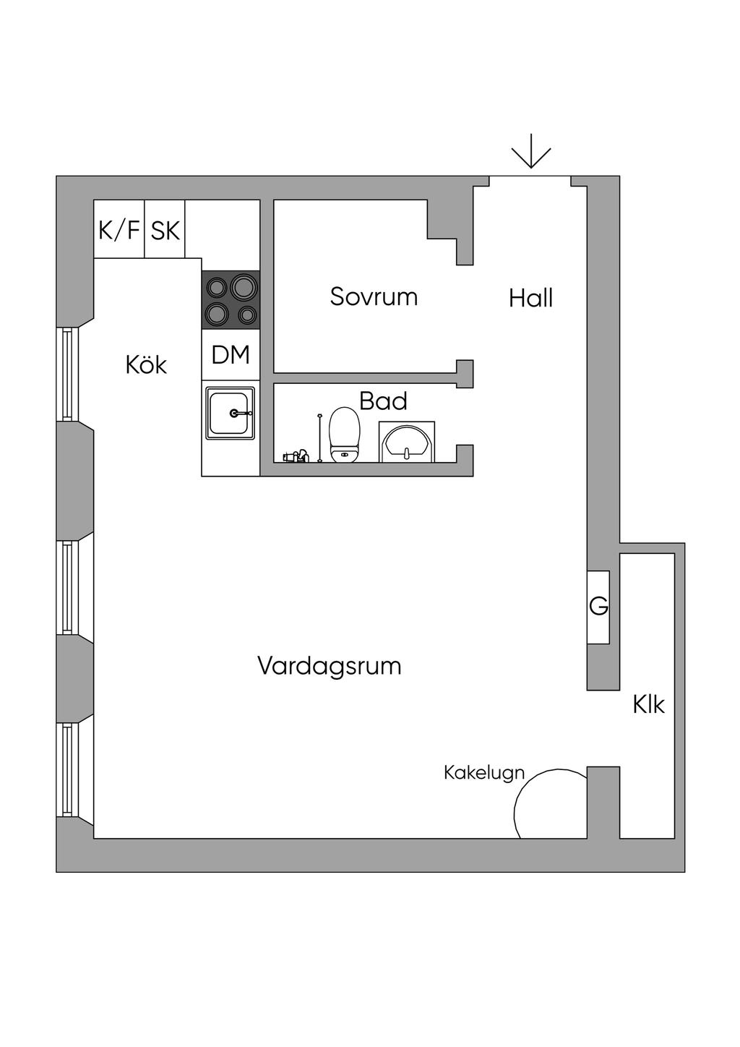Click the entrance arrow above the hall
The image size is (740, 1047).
(x=531, y=151)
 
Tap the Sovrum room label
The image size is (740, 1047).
(x=374, y=296)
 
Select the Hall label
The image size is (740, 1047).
(x=530, y=298)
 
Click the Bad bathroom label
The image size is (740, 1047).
(x=383, y=401)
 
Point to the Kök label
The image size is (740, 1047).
(x=146, y=364)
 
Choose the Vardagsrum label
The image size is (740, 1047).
(x=329, y=665)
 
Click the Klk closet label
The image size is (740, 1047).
(x=648, y=704)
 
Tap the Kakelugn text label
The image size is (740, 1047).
(x=483, y=772)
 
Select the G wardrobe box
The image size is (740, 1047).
(x=598, y=606)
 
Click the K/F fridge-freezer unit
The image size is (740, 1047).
(x=119, y=230)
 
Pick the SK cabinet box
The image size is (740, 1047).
(x=165, y=230)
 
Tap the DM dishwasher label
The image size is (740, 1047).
(x=231, y=355)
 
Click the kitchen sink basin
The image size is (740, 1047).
(x=231, y=413)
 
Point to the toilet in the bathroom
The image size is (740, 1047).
(x=344, y=434)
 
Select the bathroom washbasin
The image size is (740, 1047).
(x=407, y=442)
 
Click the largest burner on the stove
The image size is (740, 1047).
(x=244, y=288)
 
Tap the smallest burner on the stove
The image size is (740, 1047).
(x=247, y=315)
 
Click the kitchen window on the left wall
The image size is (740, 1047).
(x=68, y=374)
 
